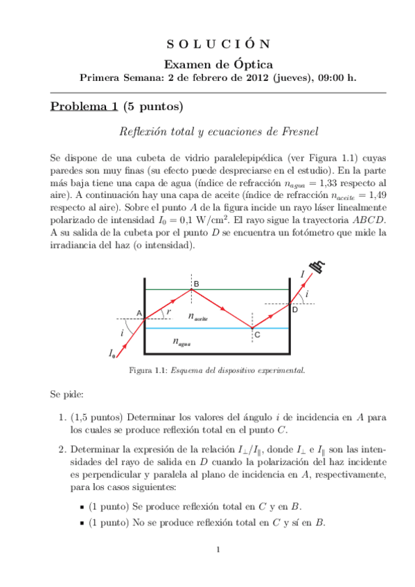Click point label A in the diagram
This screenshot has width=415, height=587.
coord(139,314)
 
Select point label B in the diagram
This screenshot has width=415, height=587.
coord(196,285)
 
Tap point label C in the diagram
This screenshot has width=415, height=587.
coord(257,335)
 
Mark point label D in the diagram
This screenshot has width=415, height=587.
coord(294,309)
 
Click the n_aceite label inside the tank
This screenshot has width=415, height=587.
coord(198,317)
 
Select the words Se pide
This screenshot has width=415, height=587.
coord(67,395)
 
